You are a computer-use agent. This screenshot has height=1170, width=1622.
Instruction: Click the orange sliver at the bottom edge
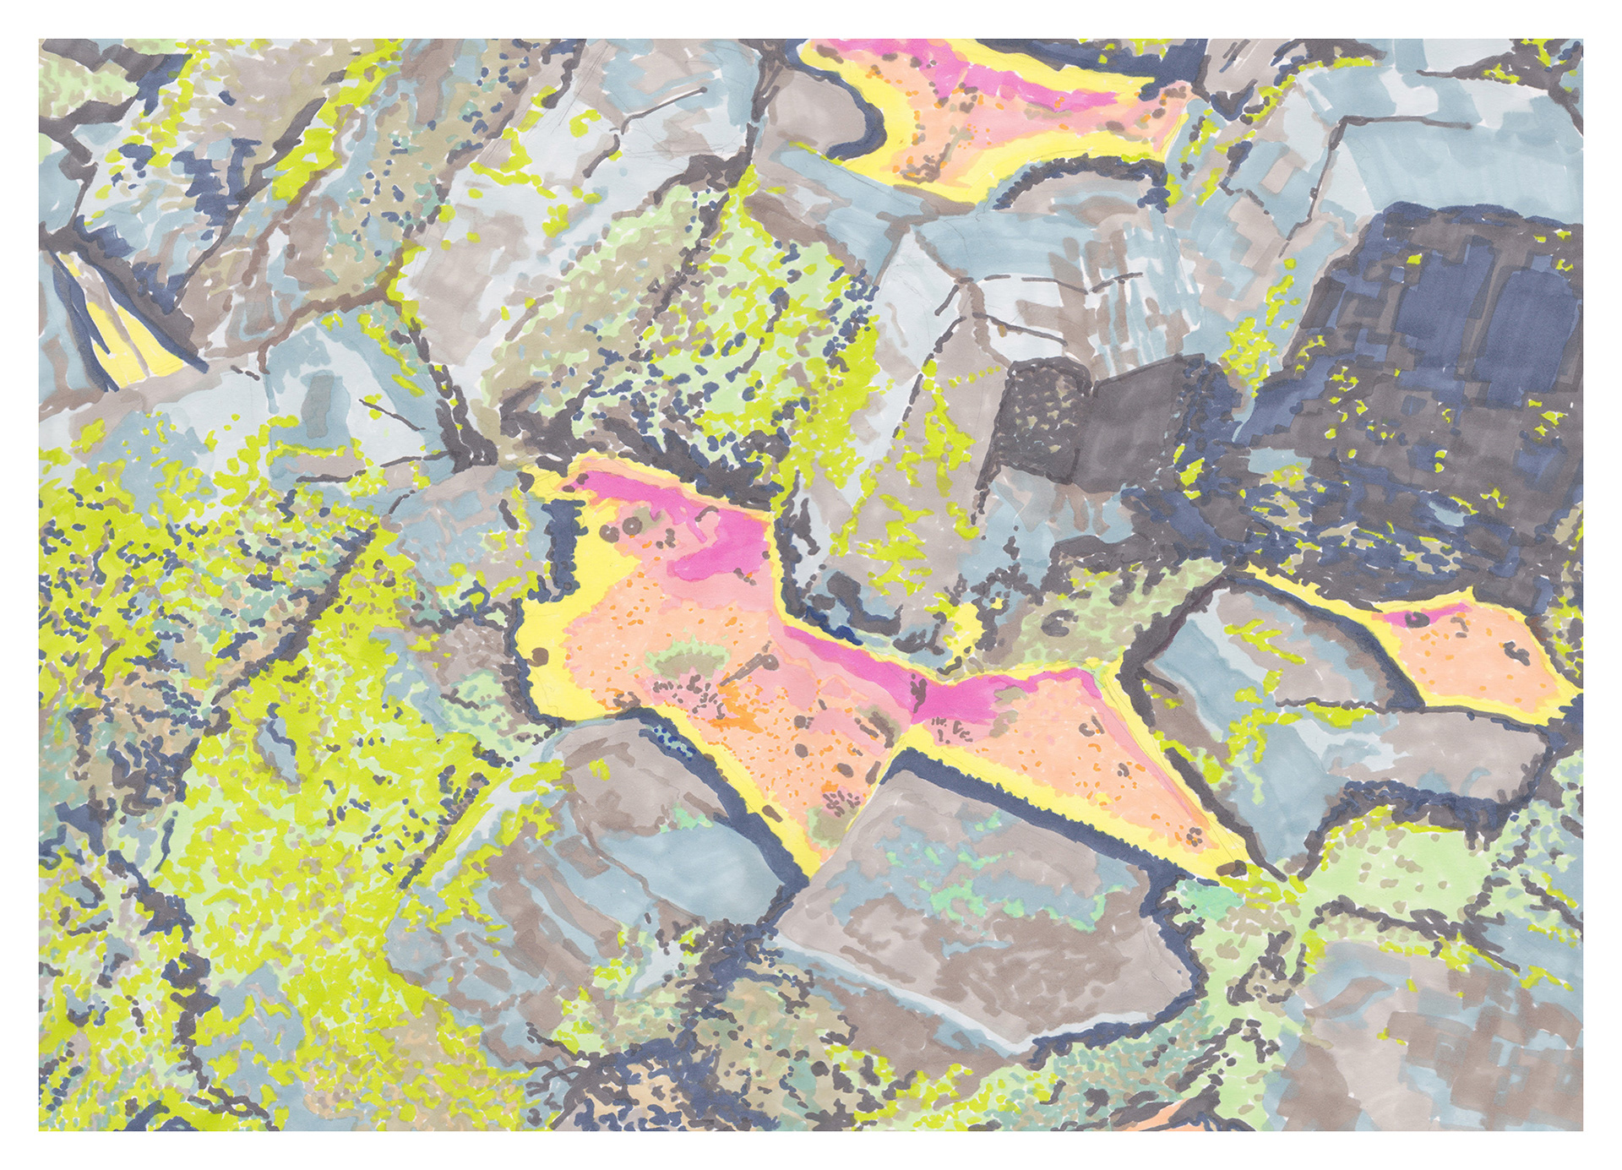click(x=1191, y=1124)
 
